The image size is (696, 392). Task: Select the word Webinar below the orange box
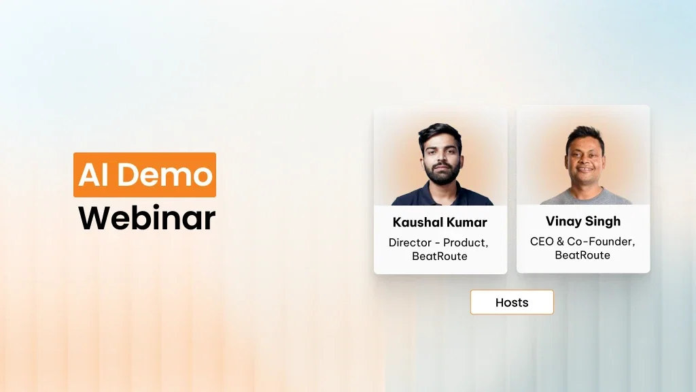pos(146,218)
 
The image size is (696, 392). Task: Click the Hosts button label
pos(512,302)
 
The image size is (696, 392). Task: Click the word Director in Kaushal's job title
pos(410,242)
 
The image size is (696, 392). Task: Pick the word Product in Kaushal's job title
pos(465,242)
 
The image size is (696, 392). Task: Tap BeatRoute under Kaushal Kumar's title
pos(440,257)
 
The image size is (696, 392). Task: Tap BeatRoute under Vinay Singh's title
pos(582,255)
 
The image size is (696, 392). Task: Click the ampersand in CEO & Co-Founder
pos(561,242)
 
